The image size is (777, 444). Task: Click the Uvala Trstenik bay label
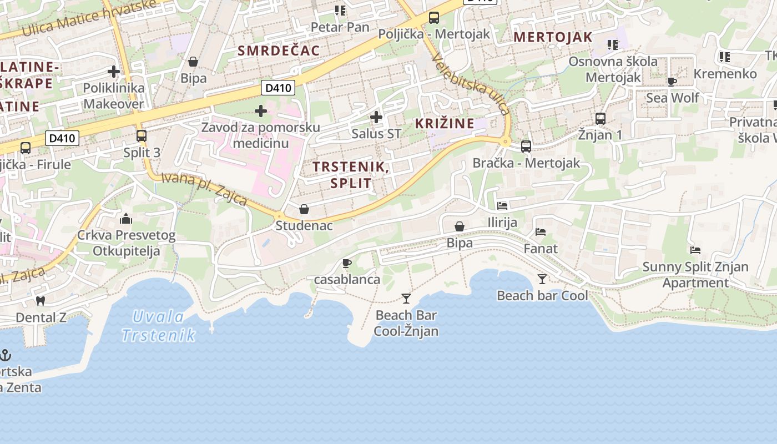click(158, 326)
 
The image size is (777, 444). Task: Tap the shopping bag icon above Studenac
click(304, 209)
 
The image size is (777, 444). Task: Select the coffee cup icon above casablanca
click(347, 263)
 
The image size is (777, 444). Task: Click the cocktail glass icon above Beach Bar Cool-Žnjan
click(406, 299)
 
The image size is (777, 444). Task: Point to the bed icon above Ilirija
click(502, 206)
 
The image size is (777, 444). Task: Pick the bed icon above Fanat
click(541, 232)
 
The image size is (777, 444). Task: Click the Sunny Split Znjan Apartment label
click(695, 275)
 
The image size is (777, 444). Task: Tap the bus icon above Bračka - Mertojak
click(526, 147)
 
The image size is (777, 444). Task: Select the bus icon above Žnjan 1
click(600, 118)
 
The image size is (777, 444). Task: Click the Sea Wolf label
click(672, 98)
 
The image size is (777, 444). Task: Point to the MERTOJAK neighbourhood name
click(553, 37)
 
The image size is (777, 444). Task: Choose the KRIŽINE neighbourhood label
click(445, 123)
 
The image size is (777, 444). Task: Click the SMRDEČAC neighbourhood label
click(279, 51)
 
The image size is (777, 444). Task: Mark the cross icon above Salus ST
click(376, 117)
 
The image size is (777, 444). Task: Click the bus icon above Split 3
click(142, 136)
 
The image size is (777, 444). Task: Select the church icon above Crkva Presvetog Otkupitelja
click(126, 219)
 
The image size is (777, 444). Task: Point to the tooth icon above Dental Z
click(40, 301)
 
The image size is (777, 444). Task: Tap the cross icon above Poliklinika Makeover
click(114, 72)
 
